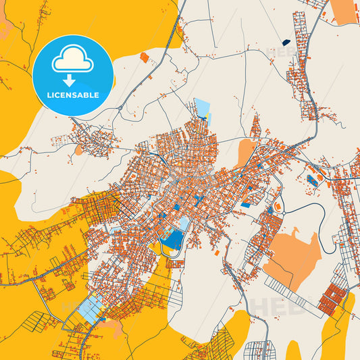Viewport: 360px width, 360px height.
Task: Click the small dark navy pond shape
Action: (x=286, y=42)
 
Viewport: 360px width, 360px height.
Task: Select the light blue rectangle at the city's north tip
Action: (x=202, y=107)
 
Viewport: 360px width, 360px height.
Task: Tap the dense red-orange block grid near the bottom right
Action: (x=332, y=297)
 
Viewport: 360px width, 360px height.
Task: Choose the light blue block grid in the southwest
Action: (x=89, y=308)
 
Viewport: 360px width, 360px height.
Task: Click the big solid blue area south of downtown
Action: (x=174, y=238)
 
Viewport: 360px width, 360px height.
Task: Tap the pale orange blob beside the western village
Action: (x=79, y=150)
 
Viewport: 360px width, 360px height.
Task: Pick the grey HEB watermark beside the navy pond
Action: (x=278, y=51)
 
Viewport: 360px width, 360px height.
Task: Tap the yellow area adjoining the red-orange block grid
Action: (x=338, y=324)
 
